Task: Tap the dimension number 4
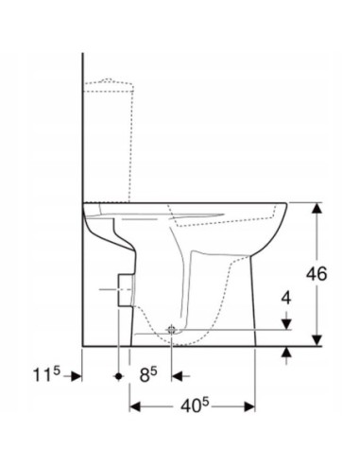coord(286,298)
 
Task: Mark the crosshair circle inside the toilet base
coord(171,329)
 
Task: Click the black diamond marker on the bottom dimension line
coord(117,375)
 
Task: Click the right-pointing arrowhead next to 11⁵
coord(76,375)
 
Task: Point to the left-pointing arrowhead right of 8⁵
coord(177,375)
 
